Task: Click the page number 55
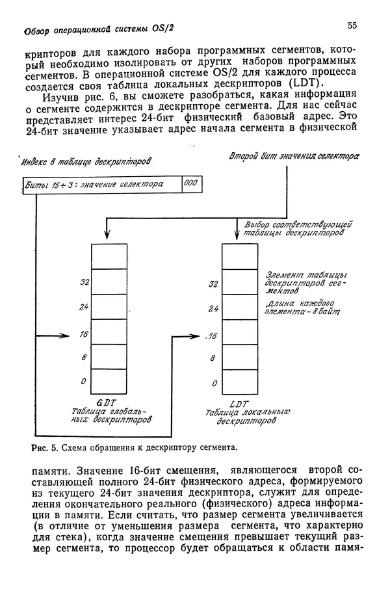pyautogui.click(x=352, y=26)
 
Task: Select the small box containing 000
pyautogui.click(x=190, y=184)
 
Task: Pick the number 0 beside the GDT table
pyautogui.click(x=84, y=381)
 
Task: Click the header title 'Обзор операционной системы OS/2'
pyautogui.click(x=98, y=29)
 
